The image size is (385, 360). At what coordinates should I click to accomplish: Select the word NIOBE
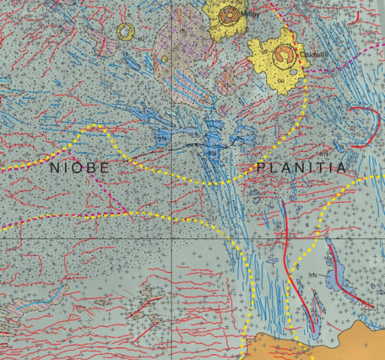[x=79, y=167]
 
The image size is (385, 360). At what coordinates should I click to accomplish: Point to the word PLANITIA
[x=301, y=168]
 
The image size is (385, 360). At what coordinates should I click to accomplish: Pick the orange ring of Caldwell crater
[x=285, y=57]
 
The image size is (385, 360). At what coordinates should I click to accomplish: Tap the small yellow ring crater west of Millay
[x=126, y=33]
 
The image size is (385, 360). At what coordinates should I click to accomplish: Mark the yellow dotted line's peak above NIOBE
[x=100, y=127]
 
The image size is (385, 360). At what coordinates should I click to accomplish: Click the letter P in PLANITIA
[x=260, y=168]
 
